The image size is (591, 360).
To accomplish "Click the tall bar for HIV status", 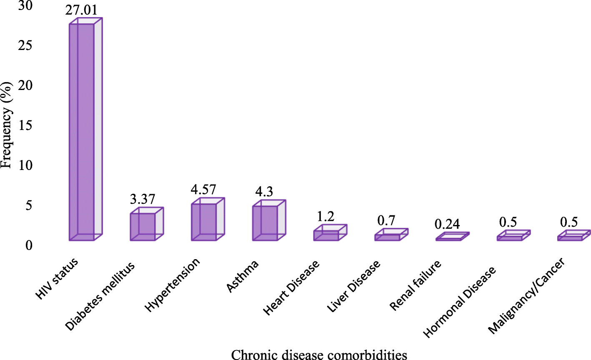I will click(82, 132).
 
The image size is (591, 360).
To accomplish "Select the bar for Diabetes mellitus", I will click(143, 227).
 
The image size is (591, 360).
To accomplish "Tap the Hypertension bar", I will click(204, 222).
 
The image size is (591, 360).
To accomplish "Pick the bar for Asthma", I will click(265, 223).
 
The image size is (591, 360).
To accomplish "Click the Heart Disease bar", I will click(326, 235).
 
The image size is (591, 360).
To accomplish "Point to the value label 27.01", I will click(81, 10).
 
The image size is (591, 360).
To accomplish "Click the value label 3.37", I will click(143, 199).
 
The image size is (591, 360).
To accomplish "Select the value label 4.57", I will click(203, 190).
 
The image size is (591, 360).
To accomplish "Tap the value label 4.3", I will click(264, 192).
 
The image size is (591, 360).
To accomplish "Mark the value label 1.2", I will click(326, 216).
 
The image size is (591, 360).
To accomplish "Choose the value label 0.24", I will click(447, 225).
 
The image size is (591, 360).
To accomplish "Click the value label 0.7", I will click(386, 220).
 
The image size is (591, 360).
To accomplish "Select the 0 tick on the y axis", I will click(28, 245).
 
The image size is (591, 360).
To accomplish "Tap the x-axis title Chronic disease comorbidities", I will click(319, 354).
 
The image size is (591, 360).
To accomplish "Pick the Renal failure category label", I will click(416, 285).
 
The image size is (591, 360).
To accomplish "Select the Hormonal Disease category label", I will click(460, 302).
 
